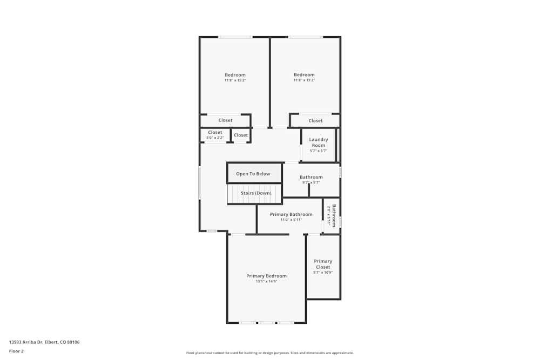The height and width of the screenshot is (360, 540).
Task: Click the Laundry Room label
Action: click(x=318, y=142)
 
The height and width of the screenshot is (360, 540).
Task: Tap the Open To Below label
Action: click(x=253, y=174)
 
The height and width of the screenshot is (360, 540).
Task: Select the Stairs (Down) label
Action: click(x=256, y=193)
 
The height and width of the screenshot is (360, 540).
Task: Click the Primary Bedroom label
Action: click(x=266, y=276)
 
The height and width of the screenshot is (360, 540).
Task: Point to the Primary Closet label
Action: click(x=323, y=264)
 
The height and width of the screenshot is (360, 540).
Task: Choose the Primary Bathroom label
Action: click(x=291, y=214)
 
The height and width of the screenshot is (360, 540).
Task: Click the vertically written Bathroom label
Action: click(x=334, y=215)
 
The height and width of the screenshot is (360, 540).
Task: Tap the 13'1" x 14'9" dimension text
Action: click(x=266, y=281)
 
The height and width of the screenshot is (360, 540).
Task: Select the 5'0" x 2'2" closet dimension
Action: click(x=215, y=138)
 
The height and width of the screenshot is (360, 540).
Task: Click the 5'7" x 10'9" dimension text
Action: click(x=323, y=273)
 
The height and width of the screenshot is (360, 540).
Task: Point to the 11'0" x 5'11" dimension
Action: click(x=291, y=220)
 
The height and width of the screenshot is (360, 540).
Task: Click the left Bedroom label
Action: click(x=235, y=75)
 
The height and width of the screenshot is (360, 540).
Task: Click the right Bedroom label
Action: click(x=304, y=75)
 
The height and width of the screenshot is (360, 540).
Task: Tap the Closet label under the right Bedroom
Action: click(x=315, y=121)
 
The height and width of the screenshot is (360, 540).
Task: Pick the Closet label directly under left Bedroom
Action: click(x=225, y=120)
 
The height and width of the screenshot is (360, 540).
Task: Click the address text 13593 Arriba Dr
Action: click(x=44, y=342)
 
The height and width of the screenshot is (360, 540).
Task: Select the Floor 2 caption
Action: click(x=16, y=351)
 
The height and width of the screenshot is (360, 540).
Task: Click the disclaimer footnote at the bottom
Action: click(x=269, y=353)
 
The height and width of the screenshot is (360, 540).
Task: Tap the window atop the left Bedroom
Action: click(x=235, y=37)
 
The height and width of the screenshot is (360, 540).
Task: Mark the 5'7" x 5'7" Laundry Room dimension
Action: click(x=318, y=151)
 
